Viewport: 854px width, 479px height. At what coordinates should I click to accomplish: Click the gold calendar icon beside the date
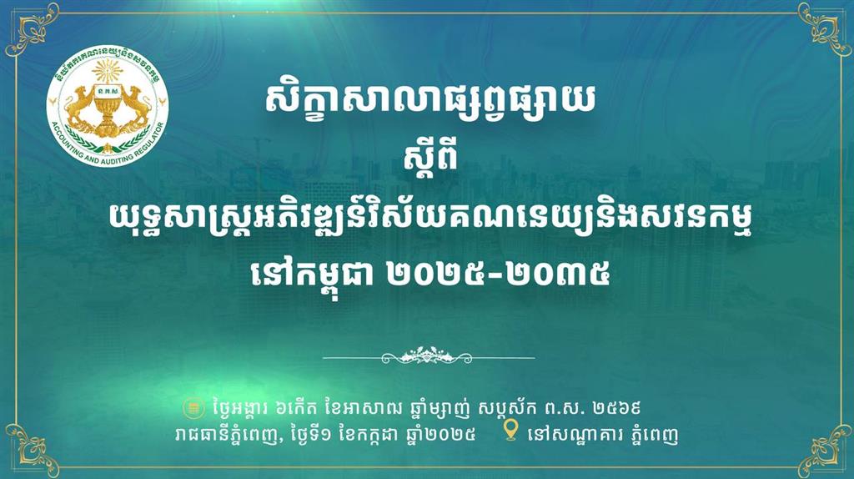[193, 407]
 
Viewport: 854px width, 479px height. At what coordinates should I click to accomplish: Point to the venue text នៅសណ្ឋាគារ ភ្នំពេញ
[604, 435]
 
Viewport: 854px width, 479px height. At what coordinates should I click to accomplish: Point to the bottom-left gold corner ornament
[31, 449]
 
